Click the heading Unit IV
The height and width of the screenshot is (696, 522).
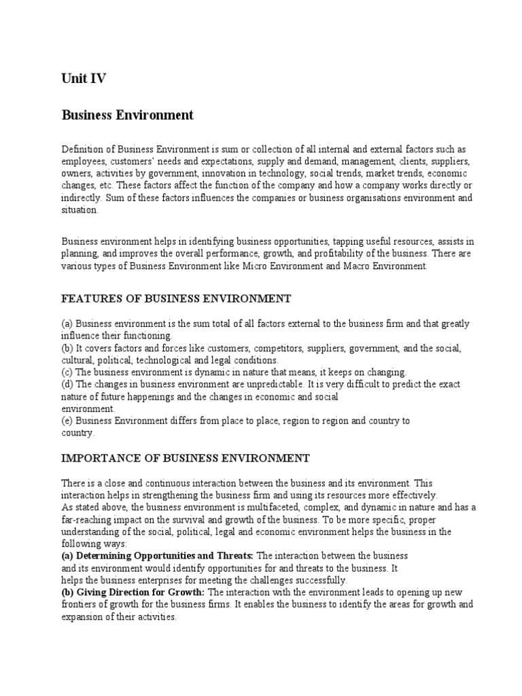pyautogui.click(x=84, y=80)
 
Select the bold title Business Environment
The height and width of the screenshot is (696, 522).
pyautogui.click(x=128, y=115)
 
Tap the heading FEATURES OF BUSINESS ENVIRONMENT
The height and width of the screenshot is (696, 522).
pyautogui.click(x=176, y=298)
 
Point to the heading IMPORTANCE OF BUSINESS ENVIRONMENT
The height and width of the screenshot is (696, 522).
pyautogui.click(x=186, y=458)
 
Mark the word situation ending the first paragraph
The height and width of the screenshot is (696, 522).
pyautogui.click(x=80, y=210)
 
